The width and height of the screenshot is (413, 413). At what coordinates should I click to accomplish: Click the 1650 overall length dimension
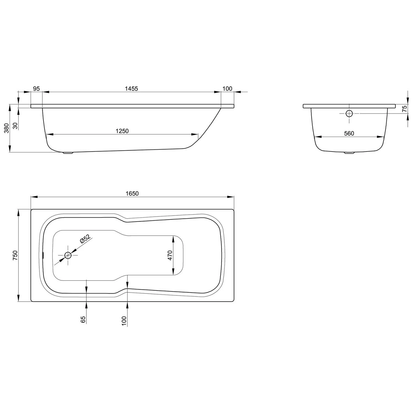click(132, 194)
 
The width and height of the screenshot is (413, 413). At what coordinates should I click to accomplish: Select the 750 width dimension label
click(15, 255)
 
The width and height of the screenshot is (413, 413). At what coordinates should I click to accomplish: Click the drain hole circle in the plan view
click(68, 256)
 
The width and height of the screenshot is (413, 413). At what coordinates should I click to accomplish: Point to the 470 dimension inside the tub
click(170, 255)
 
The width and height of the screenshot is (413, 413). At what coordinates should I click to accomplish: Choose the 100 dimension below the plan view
click(124, 321)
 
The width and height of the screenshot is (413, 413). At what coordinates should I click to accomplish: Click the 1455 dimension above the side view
click(131, 89)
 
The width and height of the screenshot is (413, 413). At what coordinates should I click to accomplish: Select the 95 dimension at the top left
click(36, 89)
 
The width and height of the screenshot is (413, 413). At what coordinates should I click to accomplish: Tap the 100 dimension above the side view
click(227, 89)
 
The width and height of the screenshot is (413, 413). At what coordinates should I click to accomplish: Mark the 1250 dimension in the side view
click(122, 131)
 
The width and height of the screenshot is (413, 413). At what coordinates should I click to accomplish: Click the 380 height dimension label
click(7, 128)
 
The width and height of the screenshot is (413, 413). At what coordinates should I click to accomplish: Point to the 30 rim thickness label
click(15, 126)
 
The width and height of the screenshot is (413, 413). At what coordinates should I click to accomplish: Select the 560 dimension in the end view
click(349, 134)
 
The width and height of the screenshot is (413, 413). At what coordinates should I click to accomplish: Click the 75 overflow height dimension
click(404, 108)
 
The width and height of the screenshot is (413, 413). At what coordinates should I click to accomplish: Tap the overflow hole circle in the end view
click(349, 113)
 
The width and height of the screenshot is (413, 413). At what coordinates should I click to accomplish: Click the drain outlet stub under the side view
click(68, 153)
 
